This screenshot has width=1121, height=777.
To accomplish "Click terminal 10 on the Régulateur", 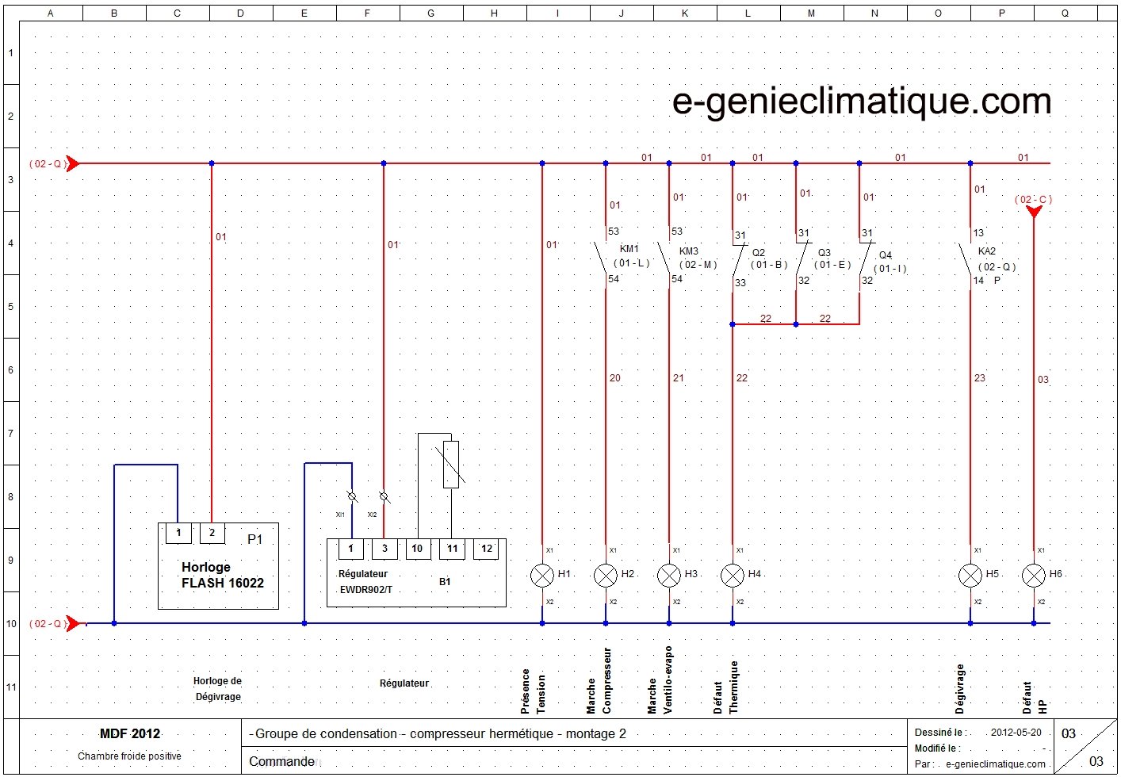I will tap(417, 549).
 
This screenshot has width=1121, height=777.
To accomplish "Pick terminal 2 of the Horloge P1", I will tap(212, 533).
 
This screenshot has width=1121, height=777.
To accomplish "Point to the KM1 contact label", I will tap(629, 249).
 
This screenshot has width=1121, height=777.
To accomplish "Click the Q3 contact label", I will tap(824, 253).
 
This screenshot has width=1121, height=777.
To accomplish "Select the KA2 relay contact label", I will tap(987, 251).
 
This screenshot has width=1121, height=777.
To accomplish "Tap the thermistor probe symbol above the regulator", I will tap(450, 465).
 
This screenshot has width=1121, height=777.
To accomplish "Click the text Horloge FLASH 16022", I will tap(222, 575).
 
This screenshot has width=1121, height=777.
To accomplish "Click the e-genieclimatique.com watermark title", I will tap(862, 101).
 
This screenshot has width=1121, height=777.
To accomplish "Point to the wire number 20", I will tap(615, 378).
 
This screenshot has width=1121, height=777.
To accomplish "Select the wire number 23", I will tap(980, 378).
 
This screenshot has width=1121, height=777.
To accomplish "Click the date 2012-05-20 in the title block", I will tap(1016, 733).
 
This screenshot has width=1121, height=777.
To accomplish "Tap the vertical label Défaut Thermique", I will tap(725, 687).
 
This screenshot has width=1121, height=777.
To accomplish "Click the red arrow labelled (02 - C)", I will tap(1034, 211).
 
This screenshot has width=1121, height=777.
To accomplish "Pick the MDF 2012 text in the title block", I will tap(129, 733).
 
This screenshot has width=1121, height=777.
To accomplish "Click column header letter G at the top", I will tap(430, 13).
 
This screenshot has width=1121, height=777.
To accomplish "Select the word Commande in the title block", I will tap(281, 761).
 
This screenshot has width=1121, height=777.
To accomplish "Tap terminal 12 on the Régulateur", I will tap(487, 549).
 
